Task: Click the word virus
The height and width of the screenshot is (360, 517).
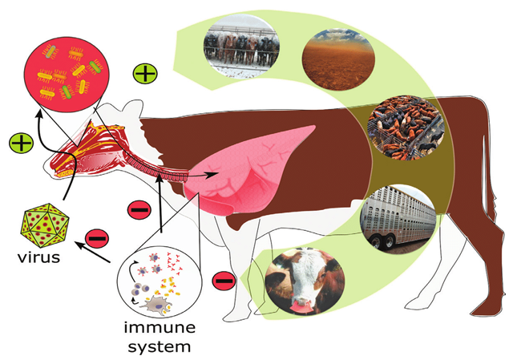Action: [38, 257]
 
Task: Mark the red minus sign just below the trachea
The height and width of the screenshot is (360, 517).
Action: [138, 210]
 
